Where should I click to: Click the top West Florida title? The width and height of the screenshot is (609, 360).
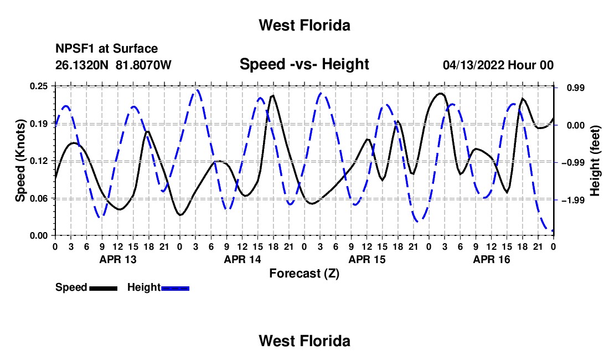click(304, 25)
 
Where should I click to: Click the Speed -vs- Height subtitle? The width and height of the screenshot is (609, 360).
click(304, 64)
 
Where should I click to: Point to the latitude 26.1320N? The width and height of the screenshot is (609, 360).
click(81, 65)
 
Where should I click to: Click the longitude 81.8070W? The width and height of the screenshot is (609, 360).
click(143, 65)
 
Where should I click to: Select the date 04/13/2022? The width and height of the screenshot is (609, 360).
click(473, 65)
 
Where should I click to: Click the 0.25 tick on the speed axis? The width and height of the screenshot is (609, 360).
click(39, 86)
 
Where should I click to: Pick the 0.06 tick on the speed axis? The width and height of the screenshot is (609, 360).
click(39, 198)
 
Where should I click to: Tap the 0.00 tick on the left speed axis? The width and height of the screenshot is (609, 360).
click(39, 236)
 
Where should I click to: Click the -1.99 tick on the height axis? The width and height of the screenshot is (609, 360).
click(573, 200)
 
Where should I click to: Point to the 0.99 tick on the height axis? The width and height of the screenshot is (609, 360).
click(576, 88)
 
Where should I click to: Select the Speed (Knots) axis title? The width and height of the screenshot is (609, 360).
click(20, 161)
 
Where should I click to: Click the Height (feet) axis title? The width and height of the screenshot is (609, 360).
click(595, 161)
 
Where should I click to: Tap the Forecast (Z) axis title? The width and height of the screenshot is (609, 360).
click(304, 274)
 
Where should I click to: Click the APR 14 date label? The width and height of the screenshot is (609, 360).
click(242, 259)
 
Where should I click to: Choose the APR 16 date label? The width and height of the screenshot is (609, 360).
click(491, 259)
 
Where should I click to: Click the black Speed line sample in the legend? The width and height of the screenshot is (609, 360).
click(104, 288)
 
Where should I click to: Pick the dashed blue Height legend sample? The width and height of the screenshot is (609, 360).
click(175, 288)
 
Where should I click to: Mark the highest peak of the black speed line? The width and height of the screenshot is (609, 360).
click(441, 93)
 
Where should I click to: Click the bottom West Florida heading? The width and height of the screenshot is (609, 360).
click(304, 341)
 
